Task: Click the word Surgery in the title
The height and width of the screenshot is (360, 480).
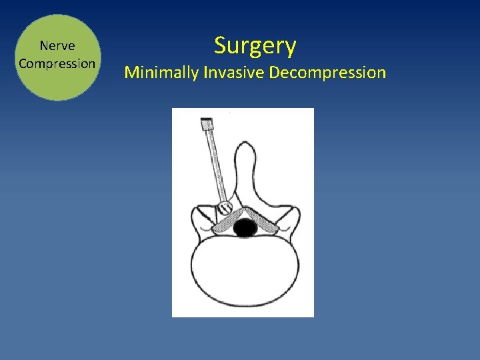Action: (x=255, y=47)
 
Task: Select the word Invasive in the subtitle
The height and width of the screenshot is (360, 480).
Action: (x=233, y=72)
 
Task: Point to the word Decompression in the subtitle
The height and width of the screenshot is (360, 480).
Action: (x=327, y=72)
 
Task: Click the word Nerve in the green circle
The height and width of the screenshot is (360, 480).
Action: (x=57, y=46)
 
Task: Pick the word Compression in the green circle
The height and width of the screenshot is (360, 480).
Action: (x=57, y=63)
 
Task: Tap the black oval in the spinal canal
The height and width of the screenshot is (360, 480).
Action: (x=245, y=228)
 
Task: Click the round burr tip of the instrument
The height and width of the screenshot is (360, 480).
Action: (x=225, y=207)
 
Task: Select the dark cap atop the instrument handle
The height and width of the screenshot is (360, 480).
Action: (x=206, y=123)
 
